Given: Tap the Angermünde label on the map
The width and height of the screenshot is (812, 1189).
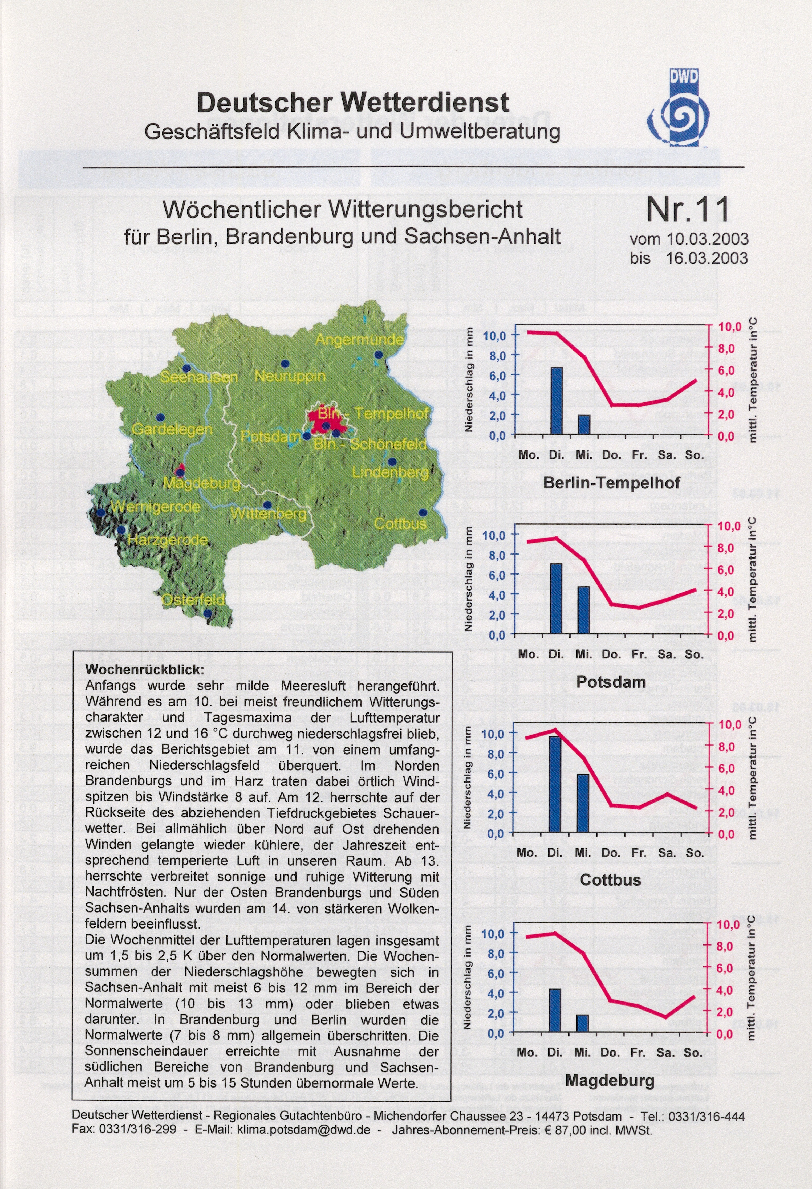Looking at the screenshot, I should click(359, 339).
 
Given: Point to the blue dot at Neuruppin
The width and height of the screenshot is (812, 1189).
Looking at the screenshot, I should click(285, 363).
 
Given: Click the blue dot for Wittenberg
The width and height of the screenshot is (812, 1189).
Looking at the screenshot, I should click(267, 504).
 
